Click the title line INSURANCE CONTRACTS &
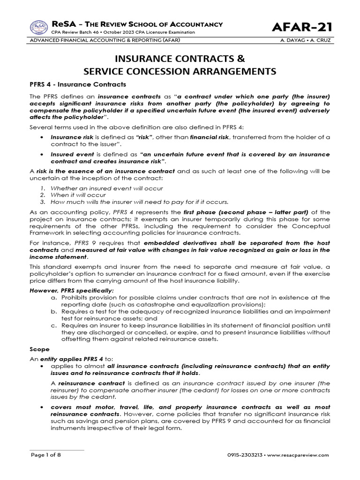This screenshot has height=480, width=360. [180, 60]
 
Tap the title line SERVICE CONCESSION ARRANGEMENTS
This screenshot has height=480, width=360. [180, 72]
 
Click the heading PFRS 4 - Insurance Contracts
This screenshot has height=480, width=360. [78, 85]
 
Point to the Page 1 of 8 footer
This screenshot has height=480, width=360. [46, 455]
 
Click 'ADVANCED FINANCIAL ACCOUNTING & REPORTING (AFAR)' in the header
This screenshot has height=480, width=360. [105, 40]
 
